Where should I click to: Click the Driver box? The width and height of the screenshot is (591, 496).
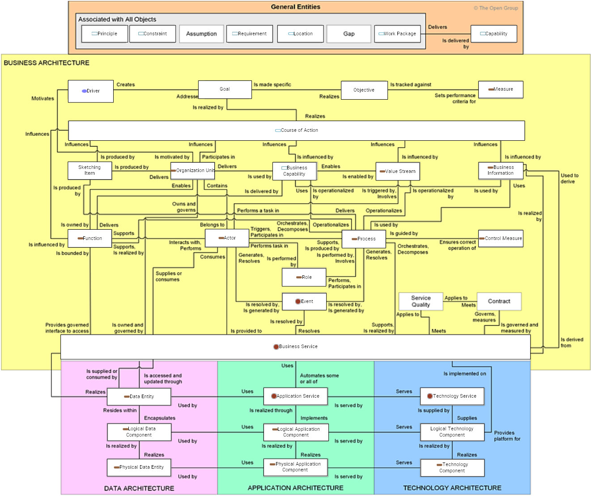click(90, 91)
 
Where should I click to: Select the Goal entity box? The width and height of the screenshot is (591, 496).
click(225, 89)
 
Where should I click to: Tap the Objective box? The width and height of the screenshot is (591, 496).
click(364, 90)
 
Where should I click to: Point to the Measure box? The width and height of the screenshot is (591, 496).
click(500, 89)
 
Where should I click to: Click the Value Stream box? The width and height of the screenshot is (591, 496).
click(397, 171)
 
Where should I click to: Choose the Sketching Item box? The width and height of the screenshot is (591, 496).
click(89, 170)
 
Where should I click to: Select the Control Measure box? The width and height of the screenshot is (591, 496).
click(500, 238)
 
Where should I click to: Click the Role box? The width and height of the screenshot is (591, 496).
click(304, 277)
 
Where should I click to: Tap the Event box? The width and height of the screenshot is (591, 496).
click(304, 302)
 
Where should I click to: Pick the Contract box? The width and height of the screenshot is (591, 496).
click(499, 302)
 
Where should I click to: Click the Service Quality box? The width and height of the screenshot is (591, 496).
click(421, 302)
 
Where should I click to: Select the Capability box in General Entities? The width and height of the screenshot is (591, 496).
click(493, 34)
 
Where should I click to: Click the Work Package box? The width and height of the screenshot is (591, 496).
click(397, 34)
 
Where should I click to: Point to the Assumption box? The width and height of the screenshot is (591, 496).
click(201, 34)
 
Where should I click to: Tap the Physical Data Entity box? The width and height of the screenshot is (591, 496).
click(139, 467)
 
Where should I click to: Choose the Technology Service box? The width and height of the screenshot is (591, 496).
click(452, 396)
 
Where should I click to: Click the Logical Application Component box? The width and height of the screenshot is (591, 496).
click(296, 432)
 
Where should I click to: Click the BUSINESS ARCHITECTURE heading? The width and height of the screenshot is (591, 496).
click(47, 63)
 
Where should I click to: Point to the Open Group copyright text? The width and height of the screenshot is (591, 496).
click(496, 8)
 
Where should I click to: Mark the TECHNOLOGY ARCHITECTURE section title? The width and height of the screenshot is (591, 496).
click(452, 488)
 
